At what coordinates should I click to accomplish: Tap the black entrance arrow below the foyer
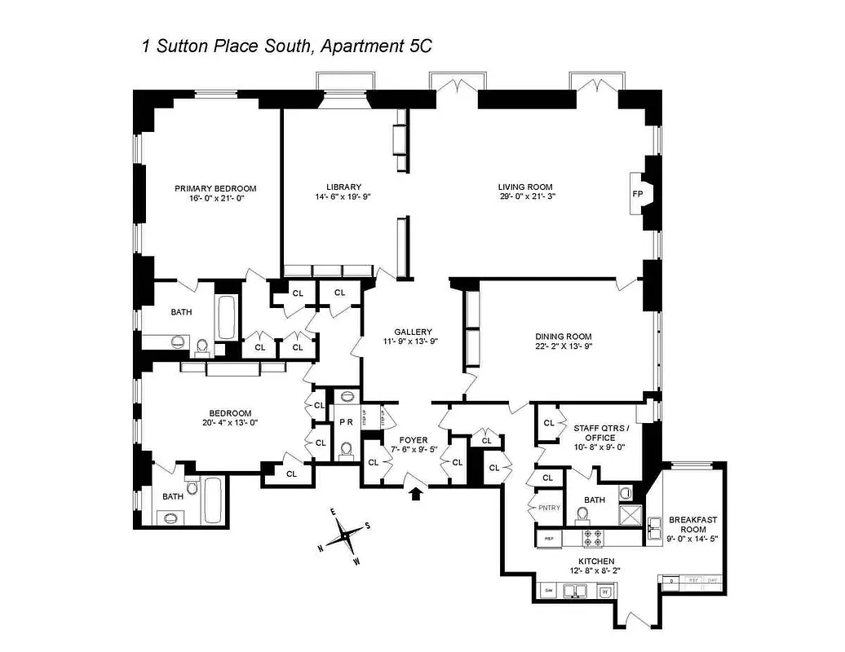(x=416, y=492)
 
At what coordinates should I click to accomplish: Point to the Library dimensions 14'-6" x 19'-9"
(x=343, y=196)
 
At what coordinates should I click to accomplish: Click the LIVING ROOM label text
(x=526, y=187)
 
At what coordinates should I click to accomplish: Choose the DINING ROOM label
(x=563, y=336)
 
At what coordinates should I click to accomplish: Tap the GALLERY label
(x=413, y=332)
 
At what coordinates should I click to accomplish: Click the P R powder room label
(x=346, y=422)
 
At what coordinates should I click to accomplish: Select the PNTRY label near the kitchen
(x=546, y=507)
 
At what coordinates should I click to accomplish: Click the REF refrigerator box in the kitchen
(x=548, y=537)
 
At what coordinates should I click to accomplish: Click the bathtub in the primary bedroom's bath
(x=226, y=317)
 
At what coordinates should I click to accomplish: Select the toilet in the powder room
(x=347, y=449)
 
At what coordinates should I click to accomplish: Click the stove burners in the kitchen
(x=592, y=537)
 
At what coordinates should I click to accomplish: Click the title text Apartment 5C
(x=376, y=46)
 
